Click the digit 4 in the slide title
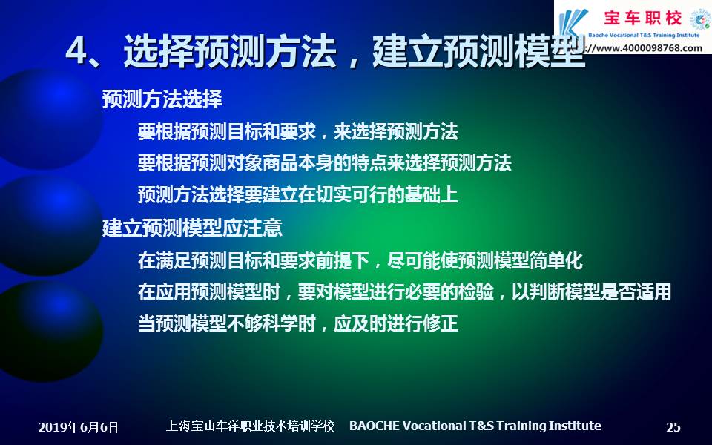click(x=76, y=50)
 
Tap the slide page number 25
click(x=673, y=427)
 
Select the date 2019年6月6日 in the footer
click(x=78, y=427)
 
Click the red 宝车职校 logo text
click(x=643, y=18)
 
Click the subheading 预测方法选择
click(x=162, y=99)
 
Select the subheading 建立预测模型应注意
click(x=192, y=228)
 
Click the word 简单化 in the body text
click(x=556, y=260)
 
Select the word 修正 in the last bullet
click(x=441, y=324)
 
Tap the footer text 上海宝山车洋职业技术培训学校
click(x=250, y=426)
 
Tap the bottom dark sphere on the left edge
click(x=51, y=331)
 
